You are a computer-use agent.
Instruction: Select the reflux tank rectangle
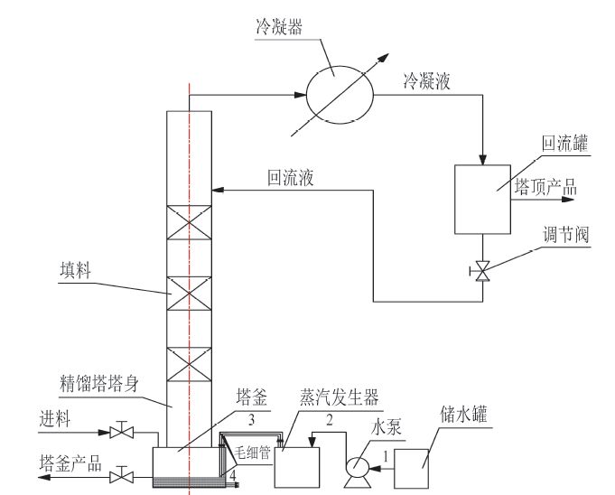point(482,197)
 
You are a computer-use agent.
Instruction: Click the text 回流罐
point(564,144)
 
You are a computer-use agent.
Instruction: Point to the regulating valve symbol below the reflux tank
point(483,270)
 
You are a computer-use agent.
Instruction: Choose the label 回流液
point(290,178)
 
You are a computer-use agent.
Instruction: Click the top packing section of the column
point(190,222)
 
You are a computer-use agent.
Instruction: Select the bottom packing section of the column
point(190,363)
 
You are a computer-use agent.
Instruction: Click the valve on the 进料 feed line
point(118,432)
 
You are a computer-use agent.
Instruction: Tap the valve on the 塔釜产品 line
point(118,475)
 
